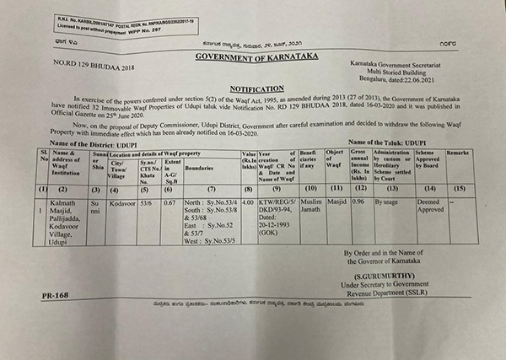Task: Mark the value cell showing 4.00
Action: [248, 203]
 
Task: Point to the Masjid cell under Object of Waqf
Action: [337, 203]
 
